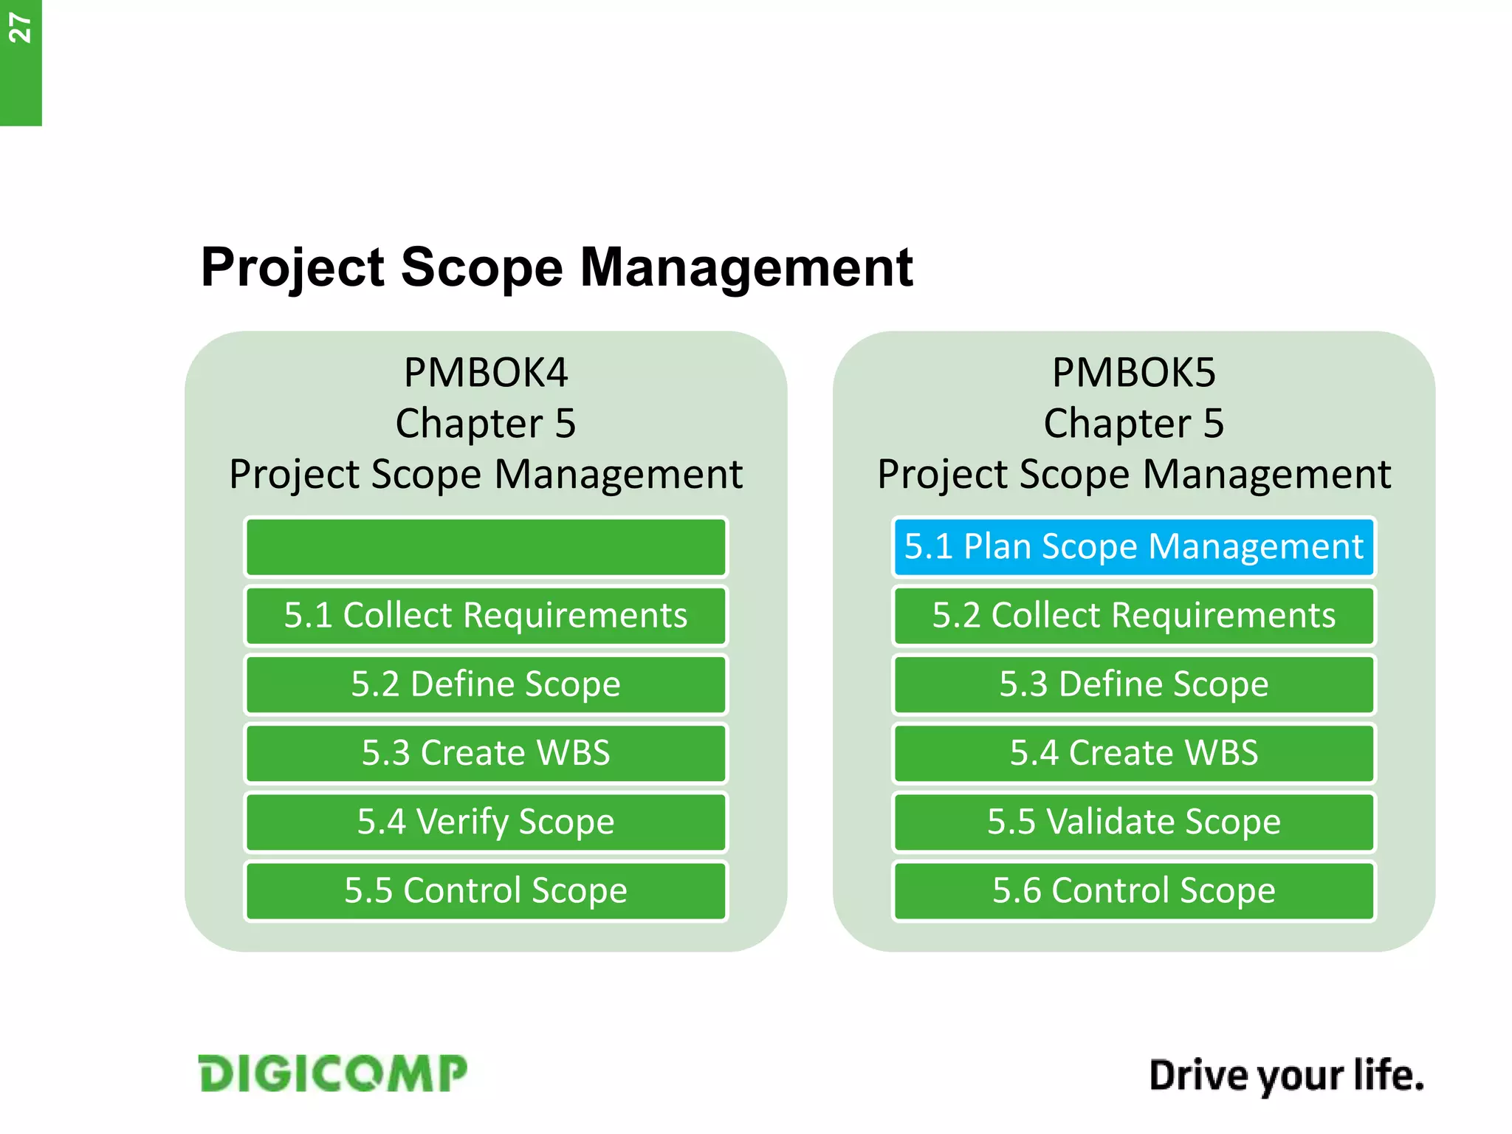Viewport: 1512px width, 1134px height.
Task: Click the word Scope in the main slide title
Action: (x=481, y=267)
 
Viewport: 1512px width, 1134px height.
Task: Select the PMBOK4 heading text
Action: (x=486, y=373)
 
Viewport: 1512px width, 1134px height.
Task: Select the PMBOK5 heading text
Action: (x=1133, y=373)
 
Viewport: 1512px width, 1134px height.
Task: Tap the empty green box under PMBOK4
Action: (x=486, y=547)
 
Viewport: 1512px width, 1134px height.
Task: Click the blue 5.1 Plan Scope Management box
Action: (x=1133, y=547)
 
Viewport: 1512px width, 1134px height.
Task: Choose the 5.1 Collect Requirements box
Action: (x=486, y=616)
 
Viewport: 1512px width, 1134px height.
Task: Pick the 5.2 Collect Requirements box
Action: (x=1133, y=616)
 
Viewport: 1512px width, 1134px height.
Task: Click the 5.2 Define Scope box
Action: (x=486, y=684)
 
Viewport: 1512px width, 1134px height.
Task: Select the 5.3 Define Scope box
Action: (x=1133, y=684)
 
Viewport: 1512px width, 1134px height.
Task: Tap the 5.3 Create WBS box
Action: (x=486, y=753)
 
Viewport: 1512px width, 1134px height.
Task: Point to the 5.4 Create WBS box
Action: (x=1133, y=753)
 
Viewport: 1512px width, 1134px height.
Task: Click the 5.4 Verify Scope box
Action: (x=486, y=822)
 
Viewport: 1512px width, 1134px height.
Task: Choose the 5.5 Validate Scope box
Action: (x=1133, y=822)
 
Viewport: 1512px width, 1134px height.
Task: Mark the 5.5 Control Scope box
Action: (x=486, y=890)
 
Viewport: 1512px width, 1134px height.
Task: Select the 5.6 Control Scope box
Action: (x=1133, y=890)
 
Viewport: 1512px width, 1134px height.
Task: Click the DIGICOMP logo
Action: (x=332, y=1073)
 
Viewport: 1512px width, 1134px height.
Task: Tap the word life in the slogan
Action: (x=1388, y=1075)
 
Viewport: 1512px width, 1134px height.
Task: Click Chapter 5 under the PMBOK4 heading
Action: (x=486, y=424)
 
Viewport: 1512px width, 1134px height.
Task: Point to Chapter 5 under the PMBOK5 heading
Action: (x=1133, y=424)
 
